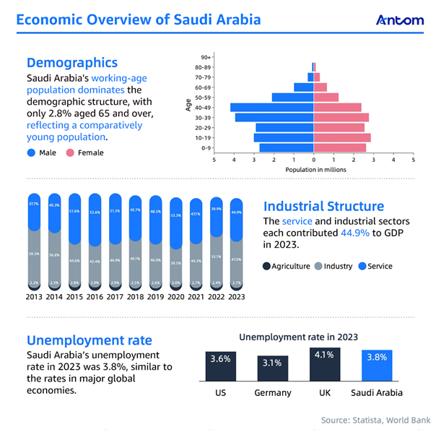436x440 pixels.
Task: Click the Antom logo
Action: [399, 20]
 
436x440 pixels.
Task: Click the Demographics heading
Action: [71, 64]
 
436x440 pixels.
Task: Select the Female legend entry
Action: [86, 152]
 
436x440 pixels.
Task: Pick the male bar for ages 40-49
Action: [271, 108]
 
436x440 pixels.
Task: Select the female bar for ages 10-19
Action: [342, 137]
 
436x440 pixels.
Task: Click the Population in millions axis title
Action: [315, 169]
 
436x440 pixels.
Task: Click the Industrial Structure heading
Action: [323, 207]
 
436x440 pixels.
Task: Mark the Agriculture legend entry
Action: [287, 266]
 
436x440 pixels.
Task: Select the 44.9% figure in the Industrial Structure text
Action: [354, 233]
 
